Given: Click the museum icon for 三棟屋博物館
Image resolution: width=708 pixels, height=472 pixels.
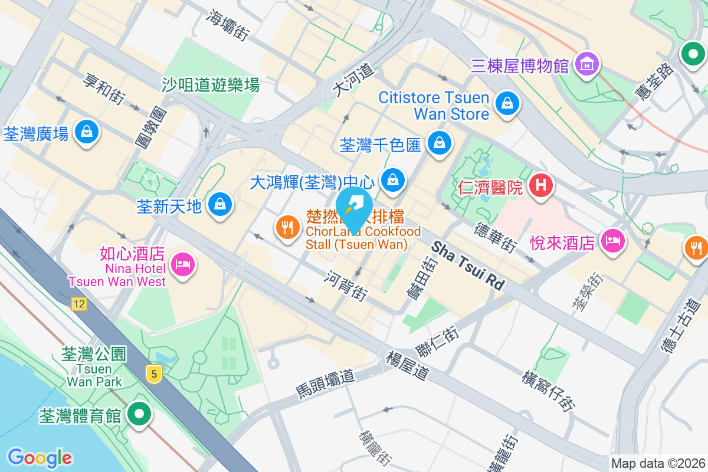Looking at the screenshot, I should [588, 64].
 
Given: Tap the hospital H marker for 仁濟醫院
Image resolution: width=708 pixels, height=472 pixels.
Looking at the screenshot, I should [541, 186].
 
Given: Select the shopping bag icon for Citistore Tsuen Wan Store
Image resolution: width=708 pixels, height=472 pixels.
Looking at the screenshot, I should [506, 104].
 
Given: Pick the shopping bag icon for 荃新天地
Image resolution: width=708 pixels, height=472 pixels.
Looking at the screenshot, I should [220, 204].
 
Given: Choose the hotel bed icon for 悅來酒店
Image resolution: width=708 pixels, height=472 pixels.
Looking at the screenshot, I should [612, 240].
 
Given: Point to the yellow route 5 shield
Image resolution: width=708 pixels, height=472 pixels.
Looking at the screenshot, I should [154, 373].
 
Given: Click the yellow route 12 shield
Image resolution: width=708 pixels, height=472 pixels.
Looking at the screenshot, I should [78, 304].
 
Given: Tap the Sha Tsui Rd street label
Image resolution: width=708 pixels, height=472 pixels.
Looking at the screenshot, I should [468, 265].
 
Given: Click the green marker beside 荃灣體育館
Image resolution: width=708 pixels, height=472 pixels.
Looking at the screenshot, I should [139, 414].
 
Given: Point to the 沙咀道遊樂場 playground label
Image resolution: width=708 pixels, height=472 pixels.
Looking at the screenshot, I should [211, 85].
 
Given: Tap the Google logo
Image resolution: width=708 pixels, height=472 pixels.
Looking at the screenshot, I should [40, 458].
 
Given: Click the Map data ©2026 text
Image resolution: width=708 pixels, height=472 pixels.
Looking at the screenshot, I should [657, 464].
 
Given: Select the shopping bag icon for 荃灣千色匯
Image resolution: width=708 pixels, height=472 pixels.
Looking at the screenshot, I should [439, 142].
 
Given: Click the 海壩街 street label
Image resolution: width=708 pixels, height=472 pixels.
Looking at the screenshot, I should [227, 25].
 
